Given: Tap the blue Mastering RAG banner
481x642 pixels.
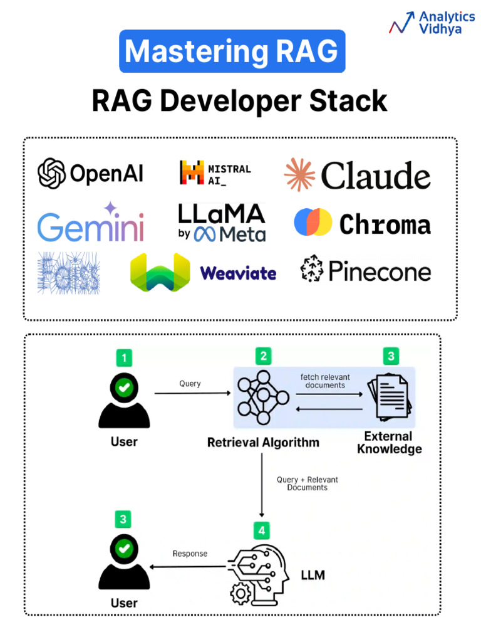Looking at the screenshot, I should click(x=232, y=51).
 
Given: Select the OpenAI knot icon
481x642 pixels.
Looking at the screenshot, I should click(x=51, y=173).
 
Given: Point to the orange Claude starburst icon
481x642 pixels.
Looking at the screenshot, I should click(x=299, y=174).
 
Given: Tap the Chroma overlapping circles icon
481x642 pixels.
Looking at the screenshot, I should click(x=313, y=222).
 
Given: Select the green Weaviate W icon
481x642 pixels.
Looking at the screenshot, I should click(x=160, y=272).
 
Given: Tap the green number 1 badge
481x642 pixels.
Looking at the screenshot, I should click(x=124, y=358).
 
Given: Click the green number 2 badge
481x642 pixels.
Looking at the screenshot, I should click(x=263, y=356).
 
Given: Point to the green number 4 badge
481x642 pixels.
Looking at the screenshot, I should click(x=261, y=530).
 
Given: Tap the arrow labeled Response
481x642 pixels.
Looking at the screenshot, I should click(x=188, y=567).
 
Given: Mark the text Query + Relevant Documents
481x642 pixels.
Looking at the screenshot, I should click(x=307, y=483).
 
